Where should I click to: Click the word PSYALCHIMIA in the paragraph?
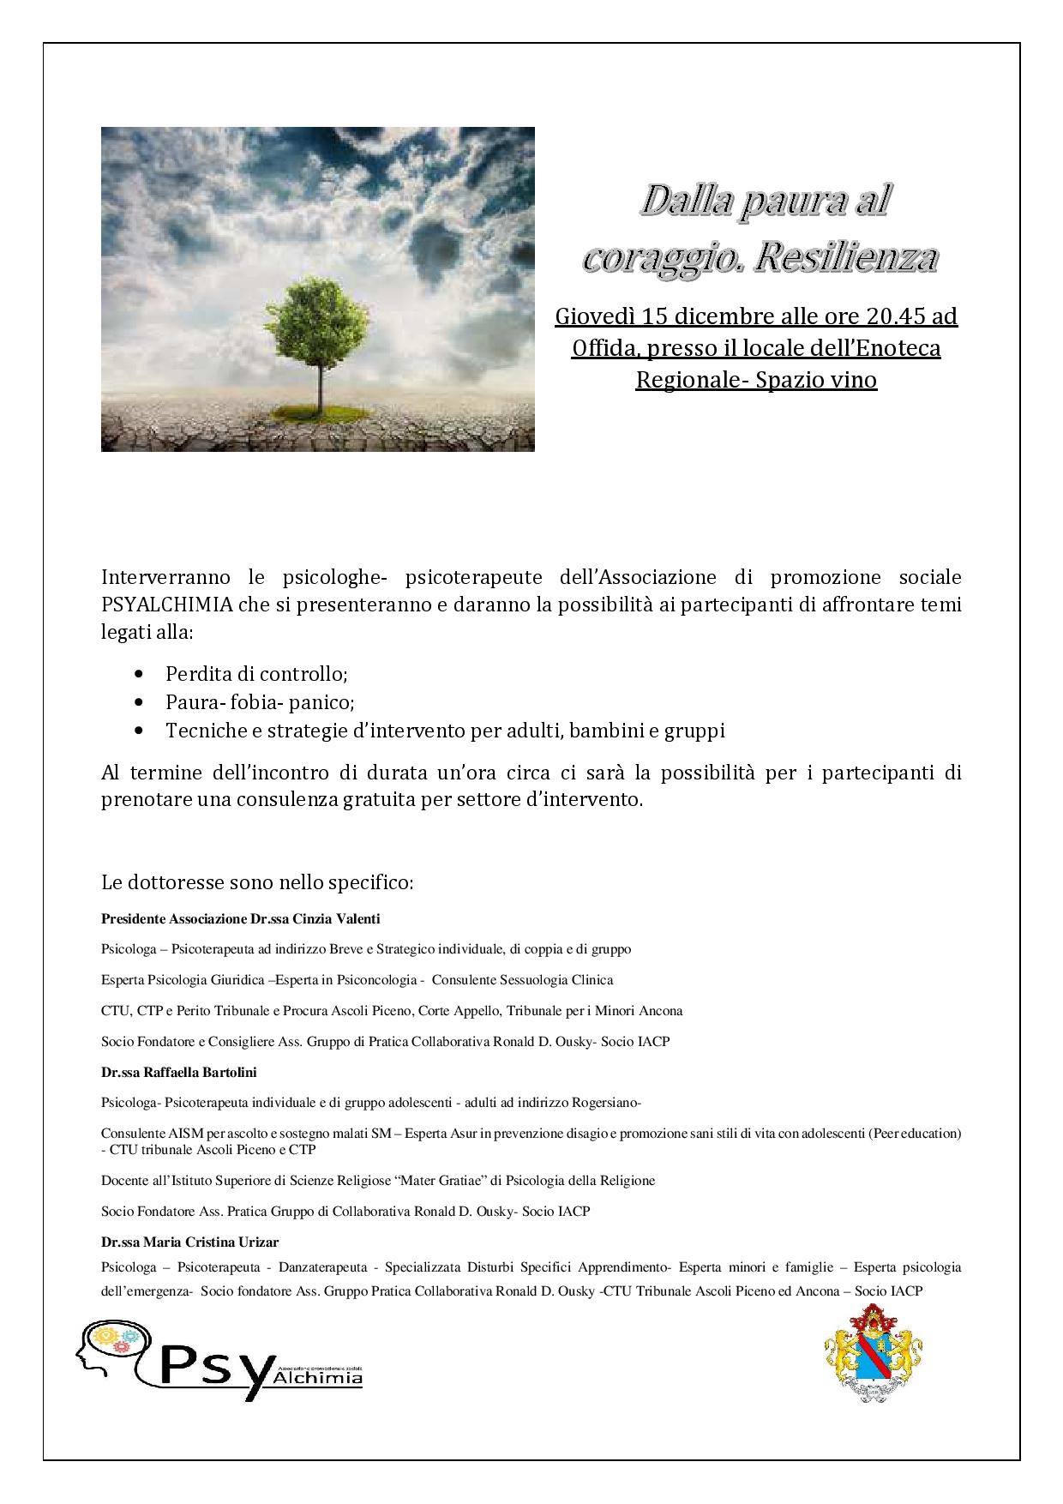pyautogui.click(x=161, y=605)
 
